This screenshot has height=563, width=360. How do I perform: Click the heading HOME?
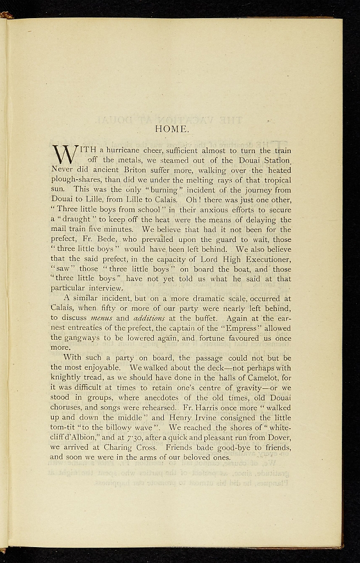[173, 130]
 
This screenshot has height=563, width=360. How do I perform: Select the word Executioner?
[263, 259]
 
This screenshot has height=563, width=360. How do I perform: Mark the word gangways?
[83, 338]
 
